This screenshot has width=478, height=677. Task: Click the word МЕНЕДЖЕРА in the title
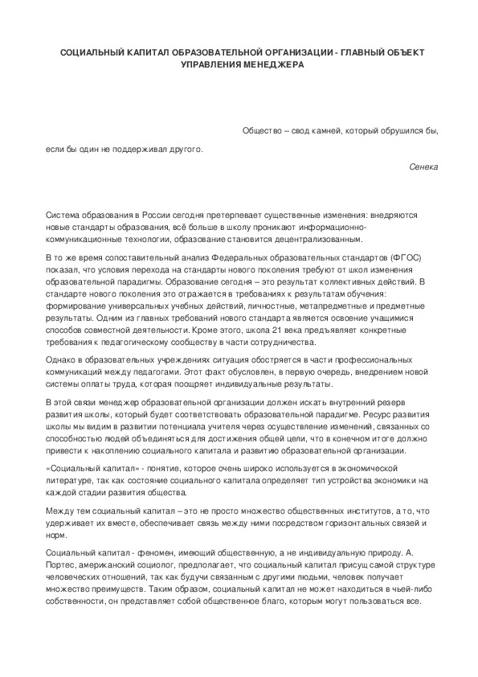(x=271, y=65)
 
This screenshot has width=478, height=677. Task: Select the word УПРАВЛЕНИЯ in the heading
(x=211, y=65)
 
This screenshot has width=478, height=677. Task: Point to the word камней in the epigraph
(x=322, y=130)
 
